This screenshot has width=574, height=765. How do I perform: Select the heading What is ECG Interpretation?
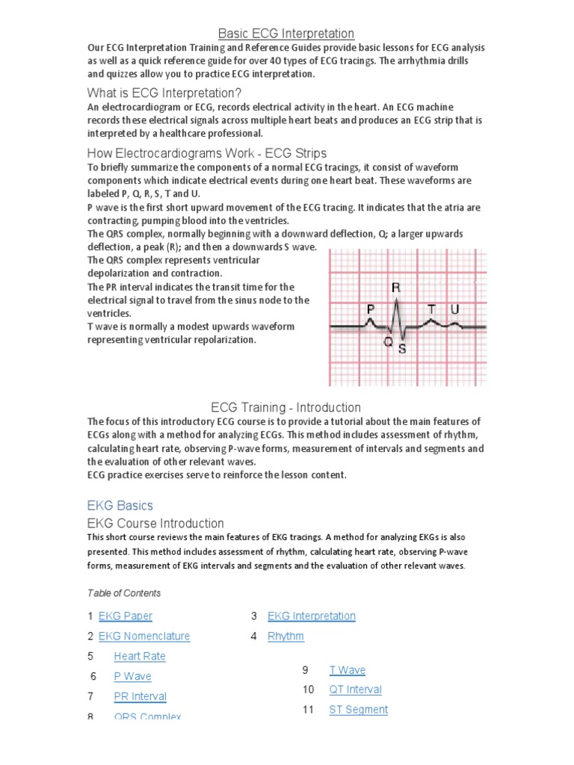(x=164, y=93)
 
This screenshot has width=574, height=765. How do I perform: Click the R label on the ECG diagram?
(x=395, y=287)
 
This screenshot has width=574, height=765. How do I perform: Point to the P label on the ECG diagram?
(x=370, y=309)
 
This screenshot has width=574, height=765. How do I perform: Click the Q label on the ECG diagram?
(x=388, y=342)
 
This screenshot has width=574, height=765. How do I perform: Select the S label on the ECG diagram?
(x=402, y=348)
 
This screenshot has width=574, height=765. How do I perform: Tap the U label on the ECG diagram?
(x=454, y=309)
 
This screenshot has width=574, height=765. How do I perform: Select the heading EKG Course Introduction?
(x=155, y=523)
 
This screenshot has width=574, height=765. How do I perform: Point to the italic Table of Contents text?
(x=123, y=593)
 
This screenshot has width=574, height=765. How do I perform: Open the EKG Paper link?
(x=125, y=616)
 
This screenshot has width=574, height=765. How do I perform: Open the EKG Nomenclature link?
(x=143, y=637)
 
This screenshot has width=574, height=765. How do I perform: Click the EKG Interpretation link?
(x=311, y=616)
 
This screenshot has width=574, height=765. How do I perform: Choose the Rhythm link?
(x=286, y=637)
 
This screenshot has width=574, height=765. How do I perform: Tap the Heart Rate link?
(x=139, y=657)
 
